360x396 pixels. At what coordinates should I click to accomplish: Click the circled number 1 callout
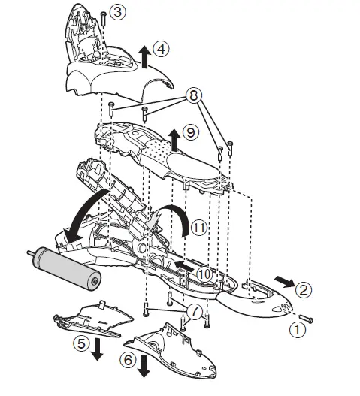pyautogui.click(x=297, y=330)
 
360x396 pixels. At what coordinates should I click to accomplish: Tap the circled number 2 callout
pyautogui.click(x=304, y=290)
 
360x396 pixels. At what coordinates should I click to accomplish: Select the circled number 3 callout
pyautogui.click(x=118, y=12)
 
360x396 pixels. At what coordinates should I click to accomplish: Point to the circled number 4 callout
pyautogui.click(x=161, y=49)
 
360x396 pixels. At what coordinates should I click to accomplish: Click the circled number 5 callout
pyautogui.click(x=82, y=344)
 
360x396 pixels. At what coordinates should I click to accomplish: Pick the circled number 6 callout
pyautogui.click(x=129, y=360)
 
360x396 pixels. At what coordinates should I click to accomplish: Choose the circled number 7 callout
pyautogui.click(x=194, y=311)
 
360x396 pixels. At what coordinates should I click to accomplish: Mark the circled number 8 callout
pyautogui.click(x=194, y=96)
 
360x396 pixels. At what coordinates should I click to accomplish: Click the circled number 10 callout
pyautogui.click(x=204, y=274)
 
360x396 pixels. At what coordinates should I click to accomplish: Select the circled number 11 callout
pyautogui.click(x=199, y=228)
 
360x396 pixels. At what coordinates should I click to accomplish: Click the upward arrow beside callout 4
pyautogui.click(x=144, y=57)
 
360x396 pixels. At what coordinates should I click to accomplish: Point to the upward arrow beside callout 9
pyautogui.click(x=174, y=141)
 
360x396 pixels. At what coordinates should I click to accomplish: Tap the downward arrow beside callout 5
pyautogui.click(x=97, y=349)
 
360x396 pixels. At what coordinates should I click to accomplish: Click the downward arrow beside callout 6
pyautogui.click(x=144, y=366)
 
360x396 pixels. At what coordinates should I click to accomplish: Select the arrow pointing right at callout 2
pyautogui.click(x=284, y=281)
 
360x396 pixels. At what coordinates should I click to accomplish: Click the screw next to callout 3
pyautogui.click(x=103, y=19)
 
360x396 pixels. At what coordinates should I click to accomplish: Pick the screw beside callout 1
pyautogui.click(x=306, y=319)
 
